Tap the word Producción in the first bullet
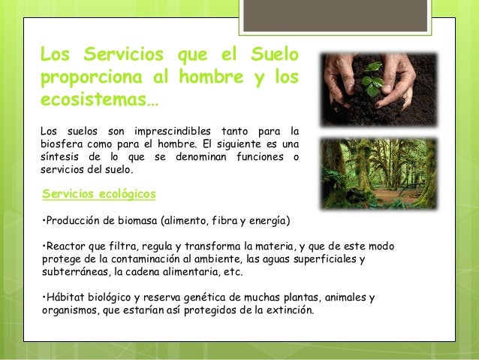74,221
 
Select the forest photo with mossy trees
377,171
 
